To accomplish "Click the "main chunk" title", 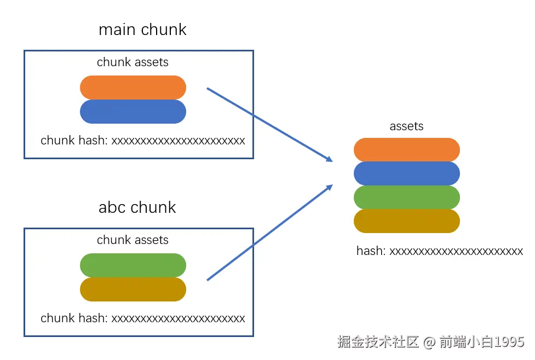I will pyautogui.click(x=142, y=30).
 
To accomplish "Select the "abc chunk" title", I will pyautogui.click(x=137, y=207).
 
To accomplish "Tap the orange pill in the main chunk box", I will pyautogui.click(x=133, y=88).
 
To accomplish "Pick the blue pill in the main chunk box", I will pyautogui.click(x=133, y=112).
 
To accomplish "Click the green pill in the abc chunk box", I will pyautogui.click(x=133, y=265).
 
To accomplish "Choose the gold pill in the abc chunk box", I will pyautogui.click(x=133, y=289).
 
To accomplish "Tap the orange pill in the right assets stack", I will pyautogui.click(x=406, y=150).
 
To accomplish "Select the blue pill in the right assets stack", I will pyautogui.click(x=406, y=173).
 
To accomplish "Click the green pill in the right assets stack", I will pyautogui.click(x=406, y=198).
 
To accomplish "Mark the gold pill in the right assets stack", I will pyautogui.click(x=406, y=221).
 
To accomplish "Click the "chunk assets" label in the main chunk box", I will pyautogui.click(x=133, y=62).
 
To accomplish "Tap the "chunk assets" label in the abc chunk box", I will pyautogui.click(x=133, y=240).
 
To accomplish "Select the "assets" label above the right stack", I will pyautogui.click(x=406, y=126).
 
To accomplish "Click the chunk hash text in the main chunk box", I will pyautogui.click(x=142, y=141).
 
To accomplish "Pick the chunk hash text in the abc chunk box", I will pyautogui.click(x=142, y=318).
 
